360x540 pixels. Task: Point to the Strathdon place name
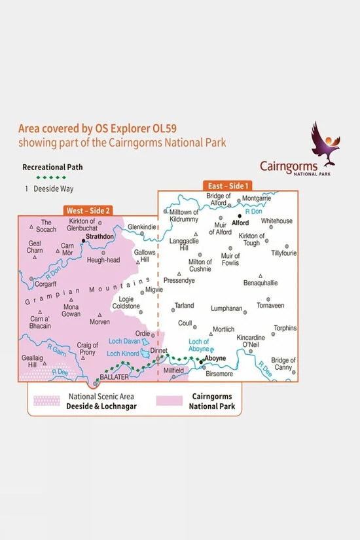(x=101, y=236)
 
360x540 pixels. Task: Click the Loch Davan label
(x=124, y=341)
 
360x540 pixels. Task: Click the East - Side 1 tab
(x=228, y=185)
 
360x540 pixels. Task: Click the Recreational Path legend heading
(x=52, y=168)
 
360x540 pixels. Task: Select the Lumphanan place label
(x=226, y=308)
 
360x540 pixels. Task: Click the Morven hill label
(x=100, y=322)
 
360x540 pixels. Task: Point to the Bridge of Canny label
(x=283, y=364)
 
